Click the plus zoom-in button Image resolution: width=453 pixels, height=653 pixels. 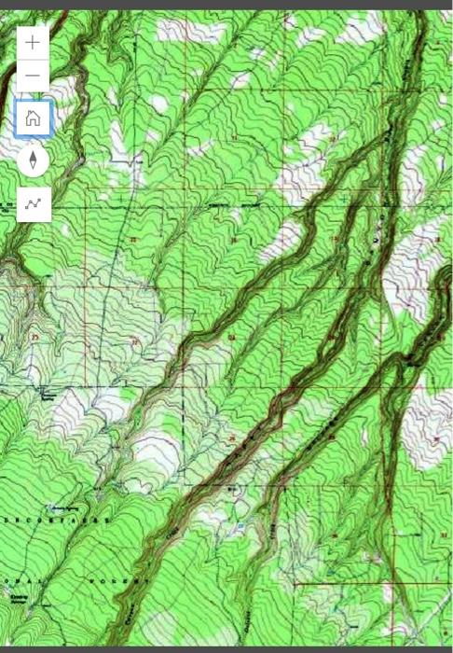[34, 42]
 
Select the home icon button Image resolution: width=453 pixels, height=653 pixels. [34, 118]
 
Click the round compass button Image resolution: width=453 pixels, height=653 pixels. [34, 160]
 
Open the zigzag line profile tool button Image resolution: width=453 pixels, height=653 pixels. [34, 202]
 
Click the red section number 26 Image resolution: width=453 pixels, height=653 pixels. [232, 438]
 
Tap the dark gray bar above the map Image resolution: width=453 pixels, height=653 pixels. [226, 5]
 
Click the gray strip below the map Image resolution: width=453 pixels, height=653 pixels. [226, 648]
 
